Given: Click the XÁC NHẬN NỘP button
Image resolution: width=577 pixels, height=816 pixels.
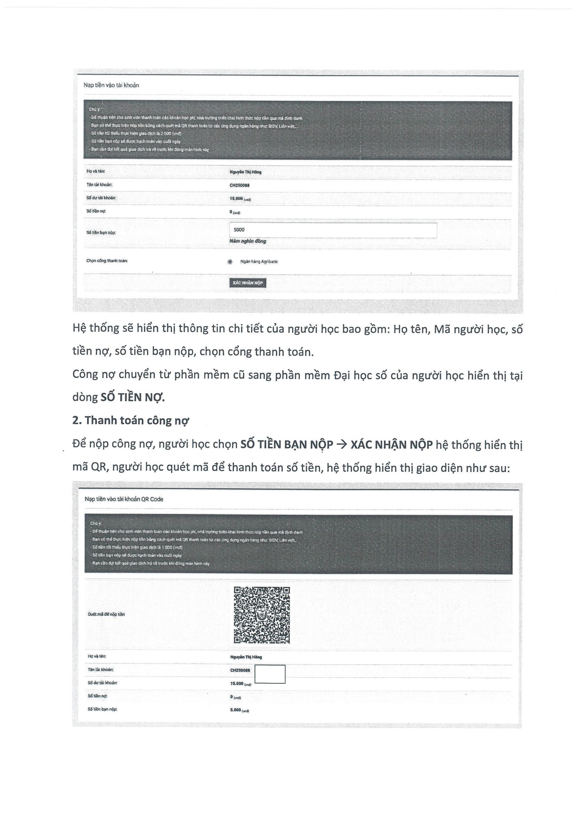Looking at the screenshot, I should pyautogui.click(x=248, y=283).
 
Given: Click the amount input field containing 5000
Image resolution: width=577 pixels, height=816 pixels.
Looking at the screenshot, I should pyautogui.click(x=333, y=230).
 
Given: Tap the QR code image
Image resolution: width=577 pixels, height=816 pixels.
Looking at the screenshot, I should pyautogui.click(x=262, y=615).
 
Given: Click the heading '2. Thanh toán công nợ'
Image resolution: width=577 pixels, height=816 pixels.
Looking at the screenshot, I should pyautogui.click(x=130, y=421).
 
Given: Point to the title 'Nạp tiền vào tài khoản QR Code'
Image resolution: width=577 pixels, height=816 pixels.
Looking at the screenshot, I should pyautogui.click(x=124, y=499).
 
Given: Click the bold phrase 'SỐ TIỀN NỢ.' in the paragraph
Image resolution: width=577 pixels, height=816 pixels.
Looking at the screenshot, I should pyautogui.click(x=133, y=397).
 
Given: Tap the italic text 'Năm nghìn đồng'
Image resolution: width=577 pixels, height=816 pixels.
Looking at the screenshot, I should pyautogui.click(x=248, y=241).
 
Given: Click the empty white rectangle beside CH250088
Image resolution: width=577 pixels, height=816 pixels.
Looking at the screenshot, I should pyautogui.click(x=270, y=674).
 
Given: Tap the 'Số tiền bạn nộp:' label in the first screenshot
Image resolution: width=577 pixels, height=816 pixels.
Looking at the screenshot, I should pyautogui.click(x=101, y=233).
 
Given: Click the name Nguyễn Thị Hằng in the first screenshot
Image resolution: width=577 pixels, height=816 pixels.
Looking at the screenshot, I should pyautogui.click(x=245, y=172).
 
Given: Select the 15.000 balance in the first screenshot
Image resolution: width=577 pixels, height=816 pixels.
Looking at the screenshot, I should pyautogui.click(x=236, y=198).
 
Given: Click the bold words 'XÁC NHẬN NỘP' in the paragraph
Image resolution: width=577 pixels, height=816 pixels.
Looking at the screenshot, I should pyautogui.click(x=391, y=444).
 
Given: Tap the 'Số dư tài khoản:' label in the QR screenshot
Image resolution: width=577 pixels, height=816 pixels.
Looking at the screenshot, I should pyautogui.click(x=102, y=683).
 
